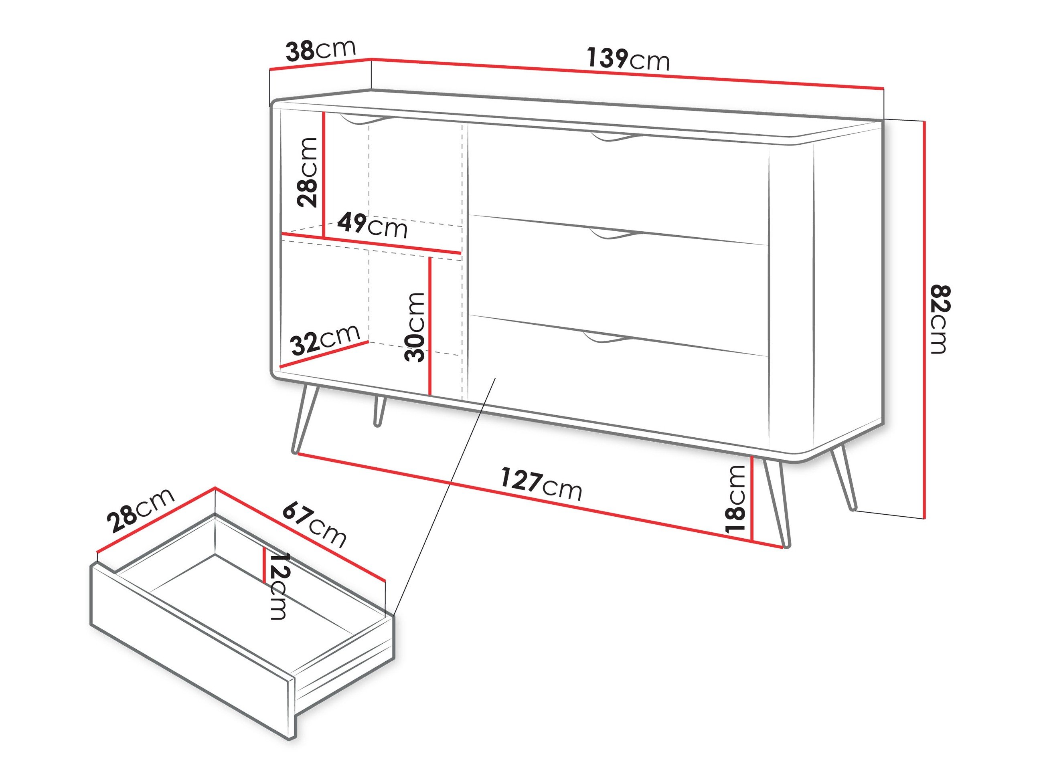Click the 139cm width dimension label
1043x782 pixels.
point(628,60)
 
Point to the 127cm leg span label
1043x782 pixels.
point(541,484)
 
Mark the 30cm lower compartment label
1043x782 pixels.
point(415,327)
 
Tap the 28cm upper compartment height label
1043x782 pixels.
point(308,172)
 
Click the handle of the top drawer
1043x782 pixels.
point(615,137)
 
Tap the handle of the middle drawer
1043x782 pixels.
point(615,234)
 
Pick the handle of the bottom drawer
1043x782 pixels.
point(606,338)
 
